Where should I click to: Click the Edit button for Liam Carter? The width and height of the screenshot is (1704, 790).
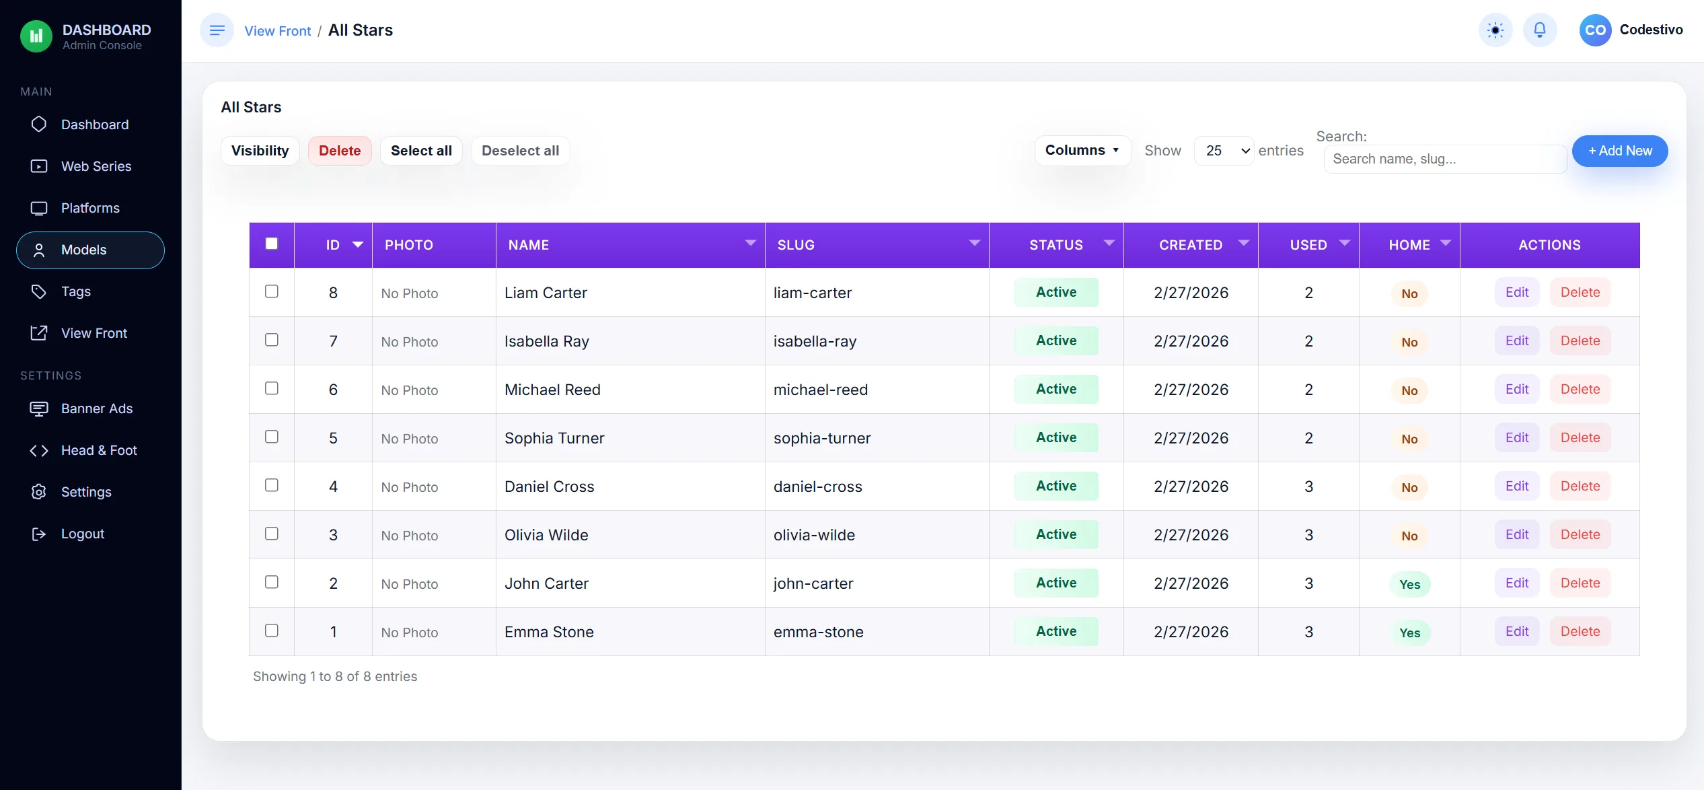click(x=1517, y=292)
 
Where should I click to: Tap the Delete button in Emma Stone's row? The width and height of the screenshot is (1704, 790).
click(x=1580, y=631)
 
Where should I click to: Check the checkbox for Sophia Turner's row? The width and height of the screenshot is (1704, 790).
click(x=272, y=437)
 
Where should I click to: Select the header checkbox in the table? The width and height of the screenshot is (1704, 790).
click(x=272, y=244)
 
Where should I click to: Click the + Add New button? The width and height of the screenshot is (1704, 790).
click(x=1620, y=151)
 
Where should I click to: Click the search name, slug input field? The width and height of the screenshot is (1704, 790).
click(x=1445, y=159)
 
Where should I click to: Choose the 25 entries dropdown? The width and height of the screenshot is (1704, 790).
click(x=1224, y=151)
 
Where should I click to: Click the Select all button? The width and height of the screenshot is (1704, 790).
click(x=421, y=151)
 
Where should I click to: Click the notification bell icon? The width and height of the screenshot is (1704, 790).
click(x=1540, y=30)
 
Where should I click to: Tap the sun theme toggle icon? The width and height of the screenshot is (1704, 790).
click(x=1495, y=30)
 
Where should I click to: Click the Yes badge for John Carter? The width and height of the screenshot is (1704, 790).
click(x=1409, y=584)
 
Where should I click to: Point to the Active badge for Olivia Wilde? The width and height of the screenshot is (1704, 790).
click(x=1056, y=534)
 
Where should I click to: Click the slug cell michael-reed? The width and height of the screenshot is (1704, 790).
click(x=821, y=390)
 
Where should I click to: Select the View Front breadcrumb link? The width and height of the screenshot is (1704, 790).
click(x=277, y=31)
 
